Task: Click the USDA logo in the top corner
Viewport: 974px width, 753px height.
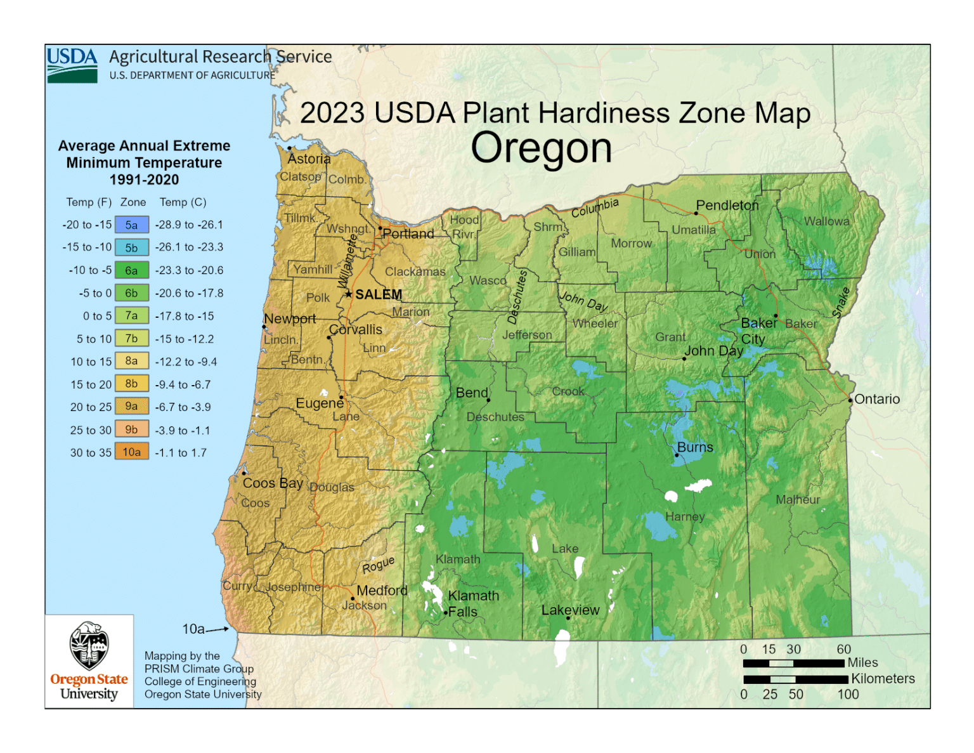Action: pos(72,65)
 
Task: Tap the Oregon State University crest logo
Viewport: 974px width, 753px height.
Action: pos(89,645)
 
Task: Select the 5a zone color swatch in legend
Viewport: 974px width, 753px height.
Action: pos(132,225)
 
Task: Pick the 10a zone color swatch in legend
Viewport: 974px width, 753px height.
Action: pos(132,452)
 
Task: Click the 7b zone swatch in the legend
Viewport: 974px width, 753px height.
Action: pos(132,338)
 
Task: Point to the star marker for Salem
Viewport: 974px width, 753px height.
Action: pos(348,294)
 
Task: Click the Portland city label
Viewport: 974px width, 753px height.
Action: pos(408,233)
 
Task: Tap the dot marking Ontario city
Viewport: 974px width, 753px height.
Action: pos(850,400)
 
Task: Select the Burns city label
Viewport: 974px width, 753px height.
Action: pos(695,447)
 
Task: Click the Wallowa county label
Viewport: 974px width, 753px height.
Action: pos(826,221)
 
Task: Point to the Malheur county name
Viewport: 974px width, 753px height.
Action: pos(798,500)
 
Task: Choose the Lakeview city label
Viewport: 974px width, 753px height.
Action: pos(570,610)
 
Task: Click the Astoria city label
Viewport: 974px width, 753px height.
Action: pos(309,159)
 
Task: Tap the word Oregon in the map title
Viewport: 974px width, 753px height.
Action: pos(541,148)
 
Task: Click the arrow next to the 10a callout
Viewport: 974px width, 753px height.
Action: pos(218,629)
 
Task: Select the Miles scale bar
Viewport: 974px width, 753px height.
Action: pos(793,663)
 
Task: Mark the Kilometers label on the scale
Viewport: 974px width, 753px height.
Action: pos(883,679)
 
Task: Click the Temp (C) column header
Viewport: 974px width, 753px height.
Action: pos(183,202)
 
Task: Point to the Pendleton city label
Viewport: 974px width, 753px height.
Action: pos(727,205)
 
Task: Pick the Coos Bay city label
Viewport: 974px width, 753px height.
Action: pos(273,483)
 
